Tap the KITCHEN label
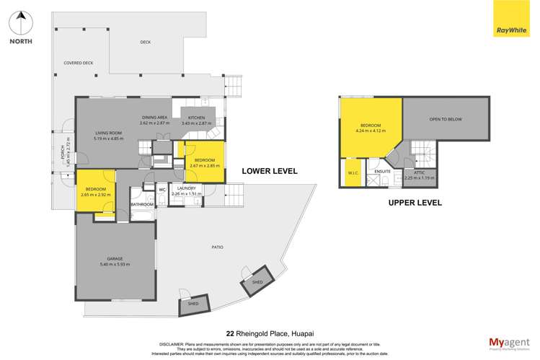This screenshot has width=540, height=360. (197, 118)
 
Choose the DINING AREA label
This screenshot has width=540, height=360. (154, 118)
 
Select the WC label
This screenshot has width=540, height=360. (163, 190)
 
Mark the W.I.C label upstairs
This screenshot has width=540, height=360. (353, 172)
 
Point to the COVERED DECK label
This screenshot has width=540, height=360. (79, 63)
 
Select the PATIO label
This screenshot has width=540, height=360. (217, 247)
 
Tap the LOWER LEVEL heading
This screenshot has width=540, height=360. (270, 171)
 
